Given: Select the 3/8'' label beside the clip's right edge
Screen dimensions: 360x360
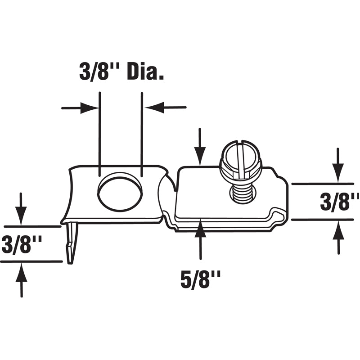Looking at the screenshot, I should (339, 202).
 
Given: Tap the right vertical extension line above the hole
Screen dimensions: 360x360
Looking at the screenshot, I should (142, 130).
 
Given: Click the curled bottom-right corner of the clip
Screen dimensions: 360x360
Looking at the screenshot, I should (279, 220).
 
